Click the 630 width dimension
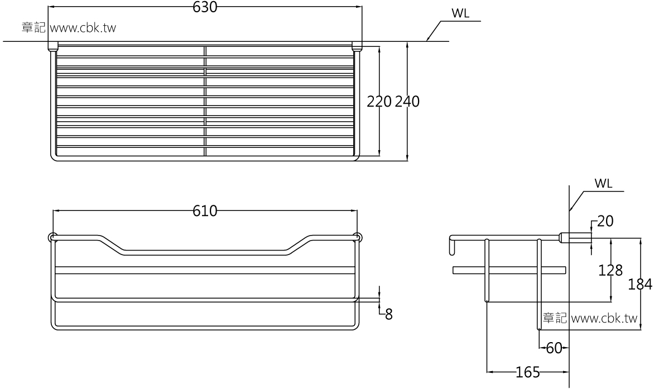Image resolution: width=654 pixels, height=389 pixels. pos(205,7)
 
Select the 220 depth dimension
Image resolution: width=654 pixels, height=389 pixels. pos(379,102)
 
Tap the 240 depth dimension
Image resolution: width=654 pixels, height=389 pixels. pos(407,102)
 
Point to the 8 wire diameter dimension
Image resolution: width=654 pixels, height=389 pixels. pos(388,314)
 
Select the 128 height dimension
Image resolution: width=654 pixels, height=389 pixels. pos(611,271)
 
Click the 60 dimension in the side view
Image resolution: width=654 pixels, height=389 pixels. pos(554,349)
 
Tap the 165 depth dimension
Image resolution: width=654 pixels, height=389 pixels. pos(528,372)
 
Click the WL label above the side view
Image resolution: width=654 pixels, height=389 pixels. pos(603,184)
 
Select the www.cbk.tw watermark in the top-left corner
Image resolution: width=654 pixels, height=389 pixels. pos(83,28)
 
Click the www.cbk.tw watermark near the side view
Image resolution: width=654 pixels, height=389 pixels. pos(604,319)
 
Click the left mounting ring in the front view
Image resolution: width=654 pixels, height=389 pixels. pos(52,237)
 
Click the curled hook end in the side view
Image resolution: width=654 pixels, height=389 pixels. pos(451,246)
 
